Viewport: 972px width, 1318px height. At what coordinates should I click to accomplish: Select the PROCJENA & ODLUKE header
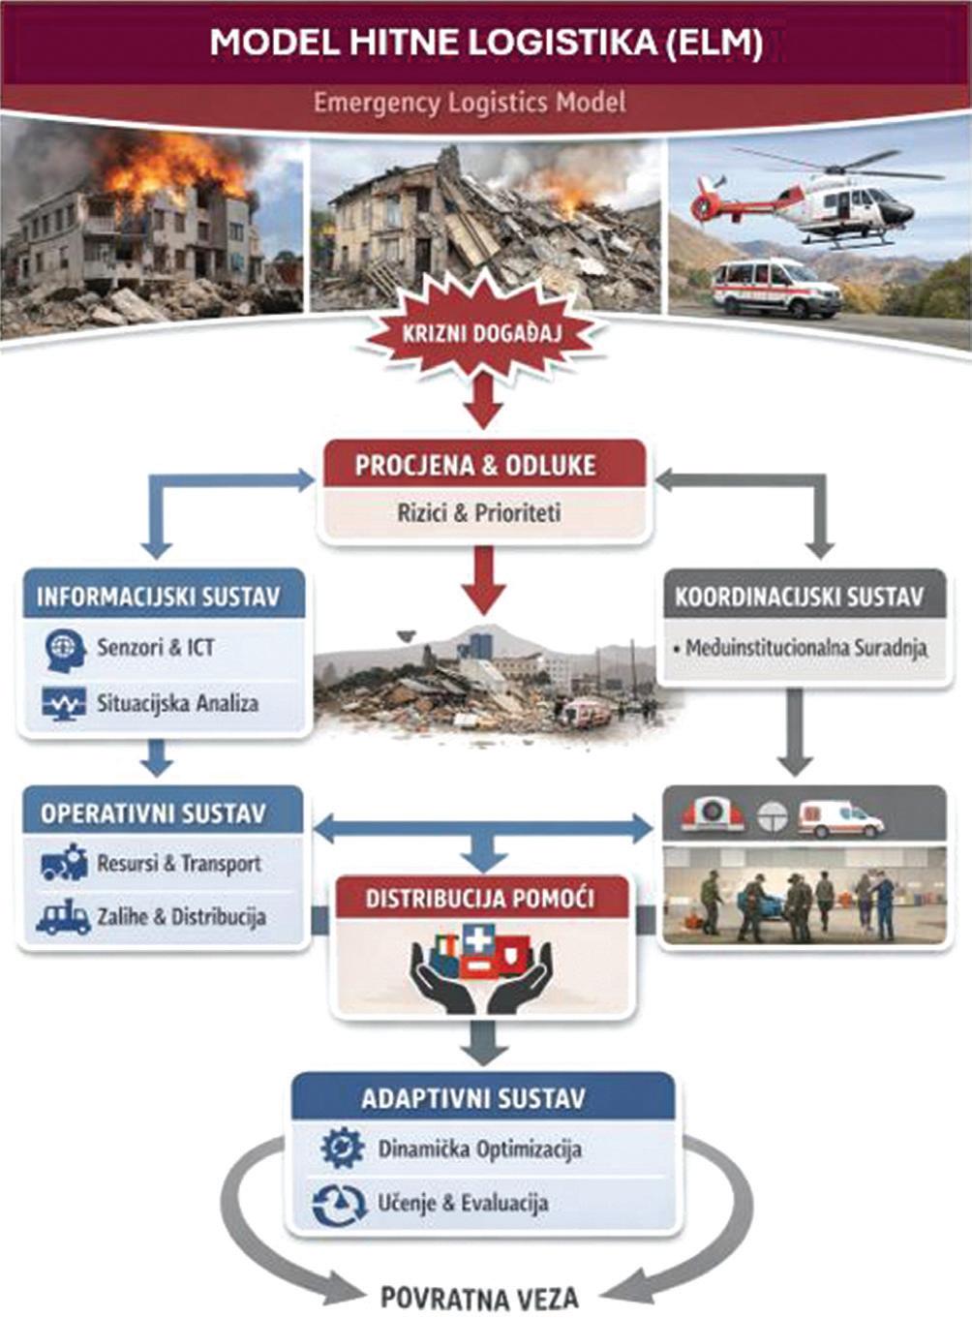coord(482,465)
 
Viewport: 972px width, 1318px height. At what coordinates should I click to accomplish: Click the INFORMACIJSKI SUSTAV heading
coord(158,596)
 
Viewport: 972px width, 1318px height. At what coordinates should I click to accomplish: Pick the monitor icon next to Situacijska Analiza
coord(64,703)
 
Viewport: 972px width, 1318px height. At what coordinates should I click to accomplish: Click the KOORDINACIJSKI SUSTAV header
coord(800,596)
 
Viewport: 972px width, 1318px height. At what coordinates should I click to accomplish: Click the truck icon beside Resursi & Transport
coord(65,863)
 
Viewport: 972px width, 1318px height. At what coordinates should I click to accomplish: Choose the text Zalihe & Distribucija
coord(181,916)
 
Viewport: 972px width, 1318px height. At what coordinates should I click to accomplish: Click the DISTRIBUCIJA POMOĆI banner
coord(480,898)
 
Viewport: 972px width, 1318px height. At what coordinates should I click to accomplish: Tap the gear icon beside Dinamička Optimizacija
coord(342,1149)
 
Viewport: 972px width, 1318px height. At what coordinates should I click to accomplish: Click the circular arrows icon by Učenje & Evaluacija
coord(340,1204)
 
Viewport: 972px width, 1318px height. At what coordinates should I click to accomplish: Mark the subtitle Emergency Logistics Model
coord(470,102)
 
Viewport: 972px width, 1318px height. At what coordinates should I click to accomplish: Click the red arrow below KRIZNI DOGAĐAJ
coord(483,400)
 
